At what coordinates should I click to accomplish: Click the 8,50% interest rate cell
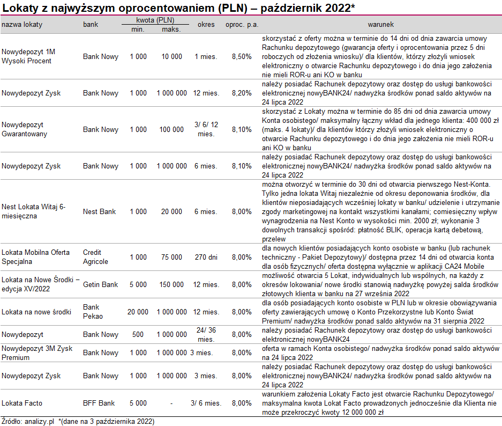click(241, 56)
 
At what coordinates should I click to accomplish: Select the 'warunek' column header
click(380, 25)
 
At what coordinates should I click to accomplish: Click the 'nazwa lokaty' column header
click(22, 25)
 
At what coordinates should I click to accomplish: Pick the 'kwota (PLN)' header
click(155, 20)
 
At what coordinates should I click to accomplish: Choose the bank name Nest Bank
click(99, 211)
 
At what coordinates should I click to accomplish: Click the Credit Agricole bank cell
click(96, 257)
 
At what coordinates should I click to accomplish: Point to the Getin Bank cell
click(100, 284)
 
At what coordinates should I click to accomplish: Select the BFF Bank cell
click(99, 403)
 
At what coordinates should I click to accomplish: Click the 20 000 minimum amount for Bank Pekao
click(138, 312)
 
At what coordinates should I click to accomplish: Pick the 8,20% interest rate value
click(241, 93)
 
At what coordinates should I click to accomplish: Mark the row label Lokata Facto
click(22, 403)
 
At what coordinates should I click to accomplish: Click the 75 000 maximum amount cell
click(172, 257)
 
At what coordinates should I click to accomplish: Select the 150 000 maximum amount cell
click(172, 284)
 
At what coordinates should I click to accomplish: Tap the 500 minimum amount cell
click(138, 334)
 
